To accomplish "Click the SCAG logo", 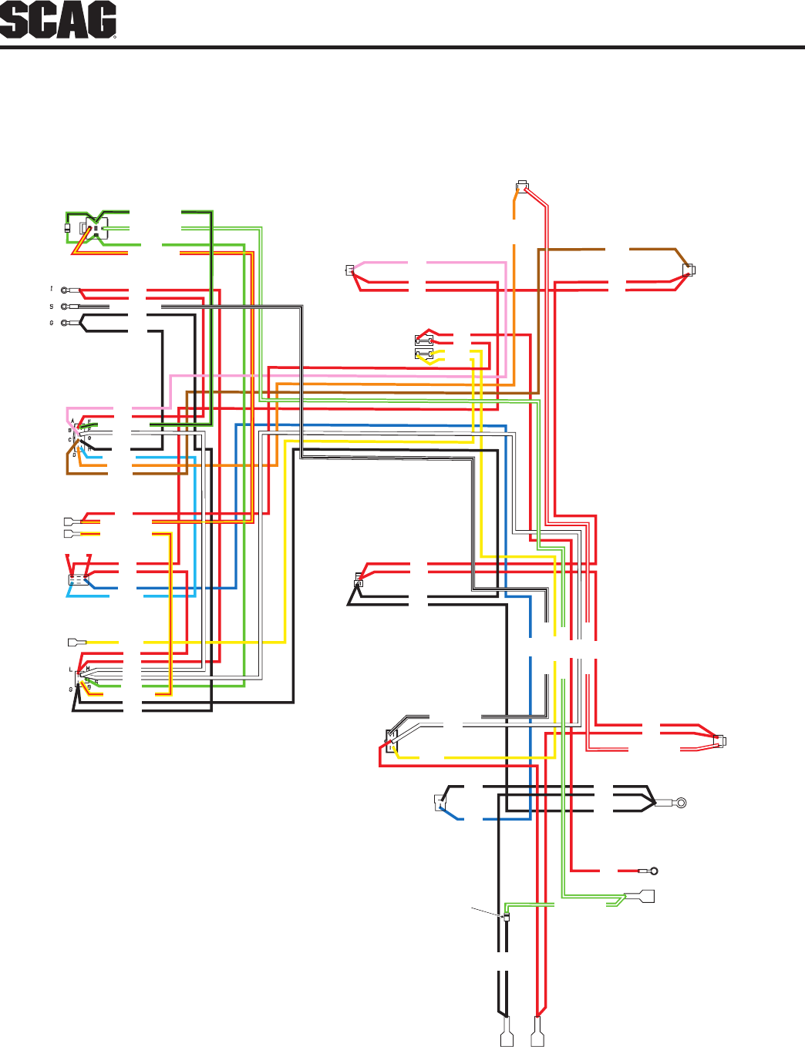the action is [x=59, y=21].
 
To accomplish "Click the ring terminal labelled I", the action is [x=65, y=290].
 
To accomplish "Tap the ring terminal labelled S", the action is [x=65, y=307].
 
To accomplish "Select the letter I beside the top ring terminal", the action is [x=52, y=289].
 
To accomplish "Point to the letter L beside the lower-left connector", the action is [x=70, y=669].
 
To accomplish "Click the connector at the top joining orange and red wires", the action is [x=522, y=186].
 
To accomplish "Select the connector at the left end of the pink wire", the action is [x=350, y=270].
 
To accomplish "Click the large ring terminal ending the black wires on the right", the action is [x=679, y=803].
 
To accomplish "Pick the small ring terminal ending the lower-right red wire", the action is [x=653, y=871].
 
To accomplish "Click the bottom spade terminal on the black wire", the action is [x=507, y=1032].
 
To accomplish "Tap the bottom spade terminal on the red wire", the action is [x=537, y=1032].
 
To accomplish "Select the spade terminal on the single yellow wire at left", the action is [x=76, y=642].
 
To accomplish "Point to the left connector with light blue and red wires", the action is [x=77, y=579].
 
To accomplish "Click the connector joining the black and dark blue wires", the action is [x=441, y=802].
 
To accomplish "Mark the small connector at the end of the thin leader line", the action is [x=506, y=918].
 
